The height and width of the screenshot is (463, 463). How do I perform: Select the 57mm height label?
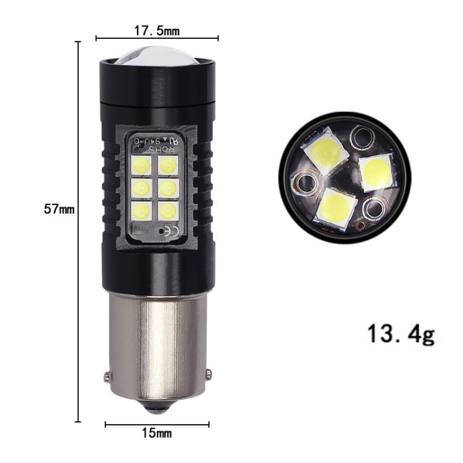[59, 209]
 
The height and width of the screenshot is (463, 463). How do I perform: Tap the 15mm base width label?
[156, 433]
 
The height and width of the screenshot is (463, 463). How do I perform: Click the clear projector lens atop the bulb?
[157, 56]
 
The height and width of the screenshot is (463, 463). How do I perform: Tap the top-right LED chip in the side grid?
[168, 165]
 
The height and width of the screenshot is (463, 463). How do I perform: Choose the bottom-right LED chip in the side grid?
[168, 211]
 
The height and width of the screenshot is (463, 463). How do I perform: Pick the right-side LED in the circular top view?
[376, 173]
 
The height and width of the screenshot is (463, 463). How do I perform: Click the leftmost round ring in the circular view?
[304, 182]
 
